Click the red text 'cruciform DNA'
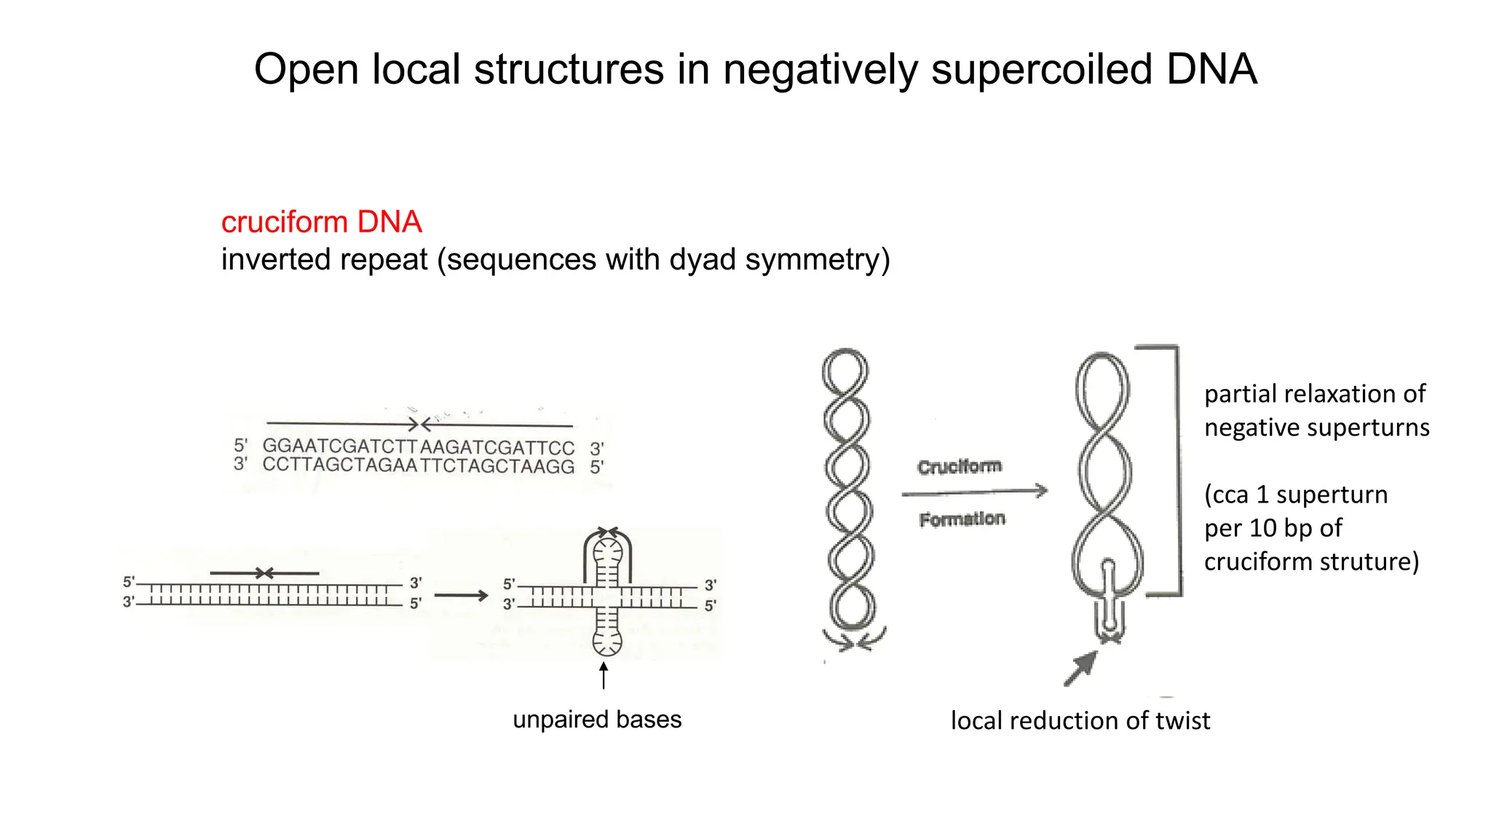[321, 222]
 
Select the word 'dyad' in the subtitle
[703, 260]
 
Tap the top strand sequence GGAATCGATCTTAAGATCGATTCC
[418, 446]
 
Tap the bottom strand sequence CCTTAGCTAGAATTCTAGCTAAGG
[418, 465]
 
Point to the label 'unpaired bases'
[597, 720]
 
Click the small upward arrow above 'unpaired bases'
[604, 674]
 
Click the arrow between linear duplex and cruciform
[461, 596]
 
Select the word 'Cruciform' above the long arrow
[960, 466]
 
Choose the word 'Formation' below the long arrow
[962, 519]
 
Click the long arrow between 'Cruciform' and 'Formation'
[974, 492]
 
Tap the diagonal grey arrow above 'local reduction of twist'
[1080, 668]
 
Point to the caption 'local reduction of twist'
[1080, 721]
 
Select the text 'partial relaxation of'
[1315, 394]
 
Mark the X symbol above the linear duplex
[264, 573]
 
